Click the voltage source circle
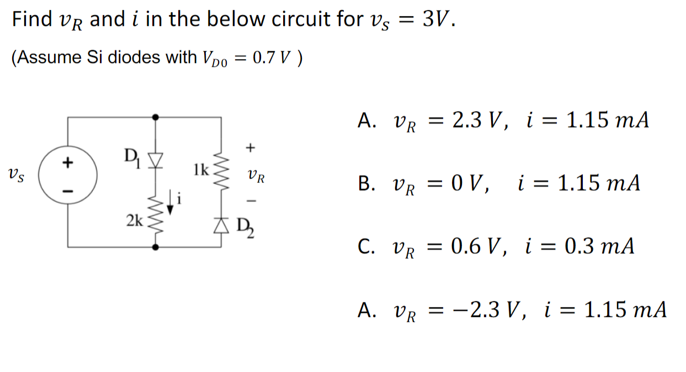[x=68, y=177]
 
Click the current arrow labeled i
[x=172, y=202]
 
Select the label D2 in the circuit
[x=243, y=227]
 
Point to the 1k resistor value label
[x=201, y=169]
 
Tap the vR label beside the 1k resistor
[x=257, y=177]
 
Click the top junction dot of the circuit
[x=156, y=117]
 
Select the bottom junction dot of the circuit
[x=156, y=247]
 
